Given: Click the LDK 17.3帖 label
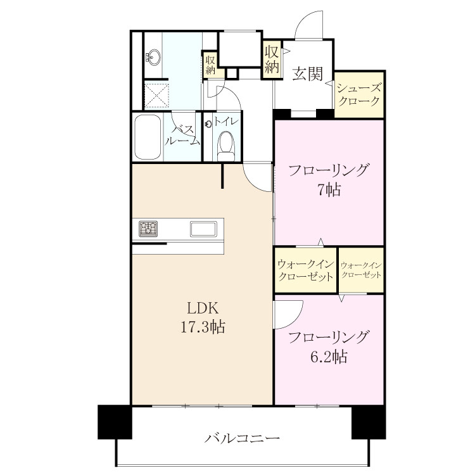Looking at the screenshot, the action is tap(203, 318).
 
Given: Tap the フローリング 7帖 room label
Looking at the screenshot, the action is tap(329, 180).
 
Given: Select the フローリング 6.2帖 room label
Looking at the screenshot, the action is tap(329, 347).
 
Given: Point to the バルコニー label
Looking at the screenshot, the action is tap(242, 438).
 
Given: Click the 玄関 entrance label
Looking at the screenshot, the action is tap(307, 73).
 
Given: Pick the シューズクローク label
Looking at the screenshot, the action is tap(358, 94).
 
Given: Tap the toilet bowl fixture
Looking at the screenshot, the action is tap(226, 146).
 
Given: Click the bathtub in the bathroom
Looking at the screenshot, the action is tap(148, 137).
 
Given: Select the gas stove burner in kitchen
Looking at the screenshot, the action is tap(148, 229).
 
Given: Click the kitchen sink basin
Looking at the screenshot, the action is tap(203, 229).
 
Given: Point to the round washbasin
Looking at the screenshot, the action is tap(154, 57).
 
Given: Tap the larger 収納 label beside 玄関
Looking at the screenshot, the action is tap(272, 60).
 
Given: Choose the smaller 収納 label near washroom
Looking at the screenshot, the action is tap(210, 65).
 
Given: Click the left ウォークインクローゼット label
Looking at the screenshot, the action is tap(306, 270).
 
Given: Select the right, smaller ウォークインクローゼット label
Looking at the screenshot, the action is tap(361, 270).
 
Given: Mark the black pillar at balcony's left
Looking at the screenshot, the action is tap(115, 422).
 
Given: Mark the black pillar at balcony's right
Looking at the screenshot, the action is tap(369, 422).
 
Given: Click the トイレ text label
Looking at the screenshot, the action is tap(227, 122).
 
